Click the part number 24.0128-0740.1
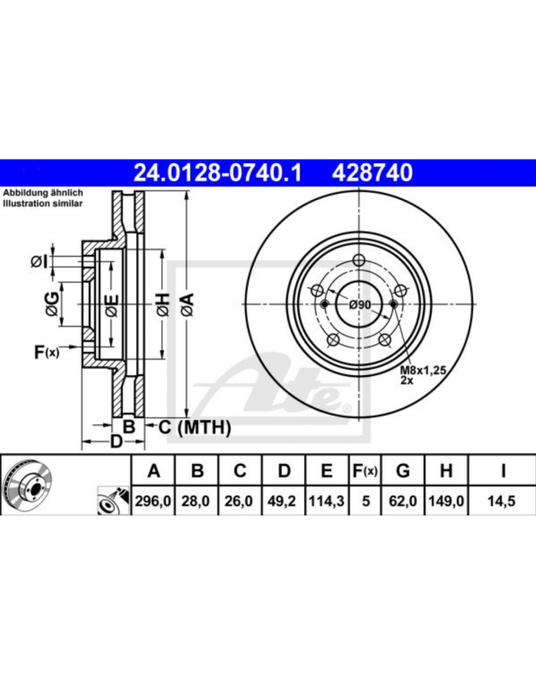click(x=218, y=173)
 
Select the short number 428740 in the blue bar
click(x=372, y=173)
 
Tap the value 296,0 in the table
click(x=153, y=501)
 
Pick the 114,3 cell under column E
click(x=326, y=501)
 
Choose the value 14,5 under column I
click(x=502, y=501)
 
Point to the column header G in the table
click(x=402, y=471)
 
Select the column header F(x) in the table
click(x=364, y=471)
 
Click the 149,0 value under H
click(x=446, y=501)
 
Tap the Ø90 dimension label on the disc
click(x=359, y=305)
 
